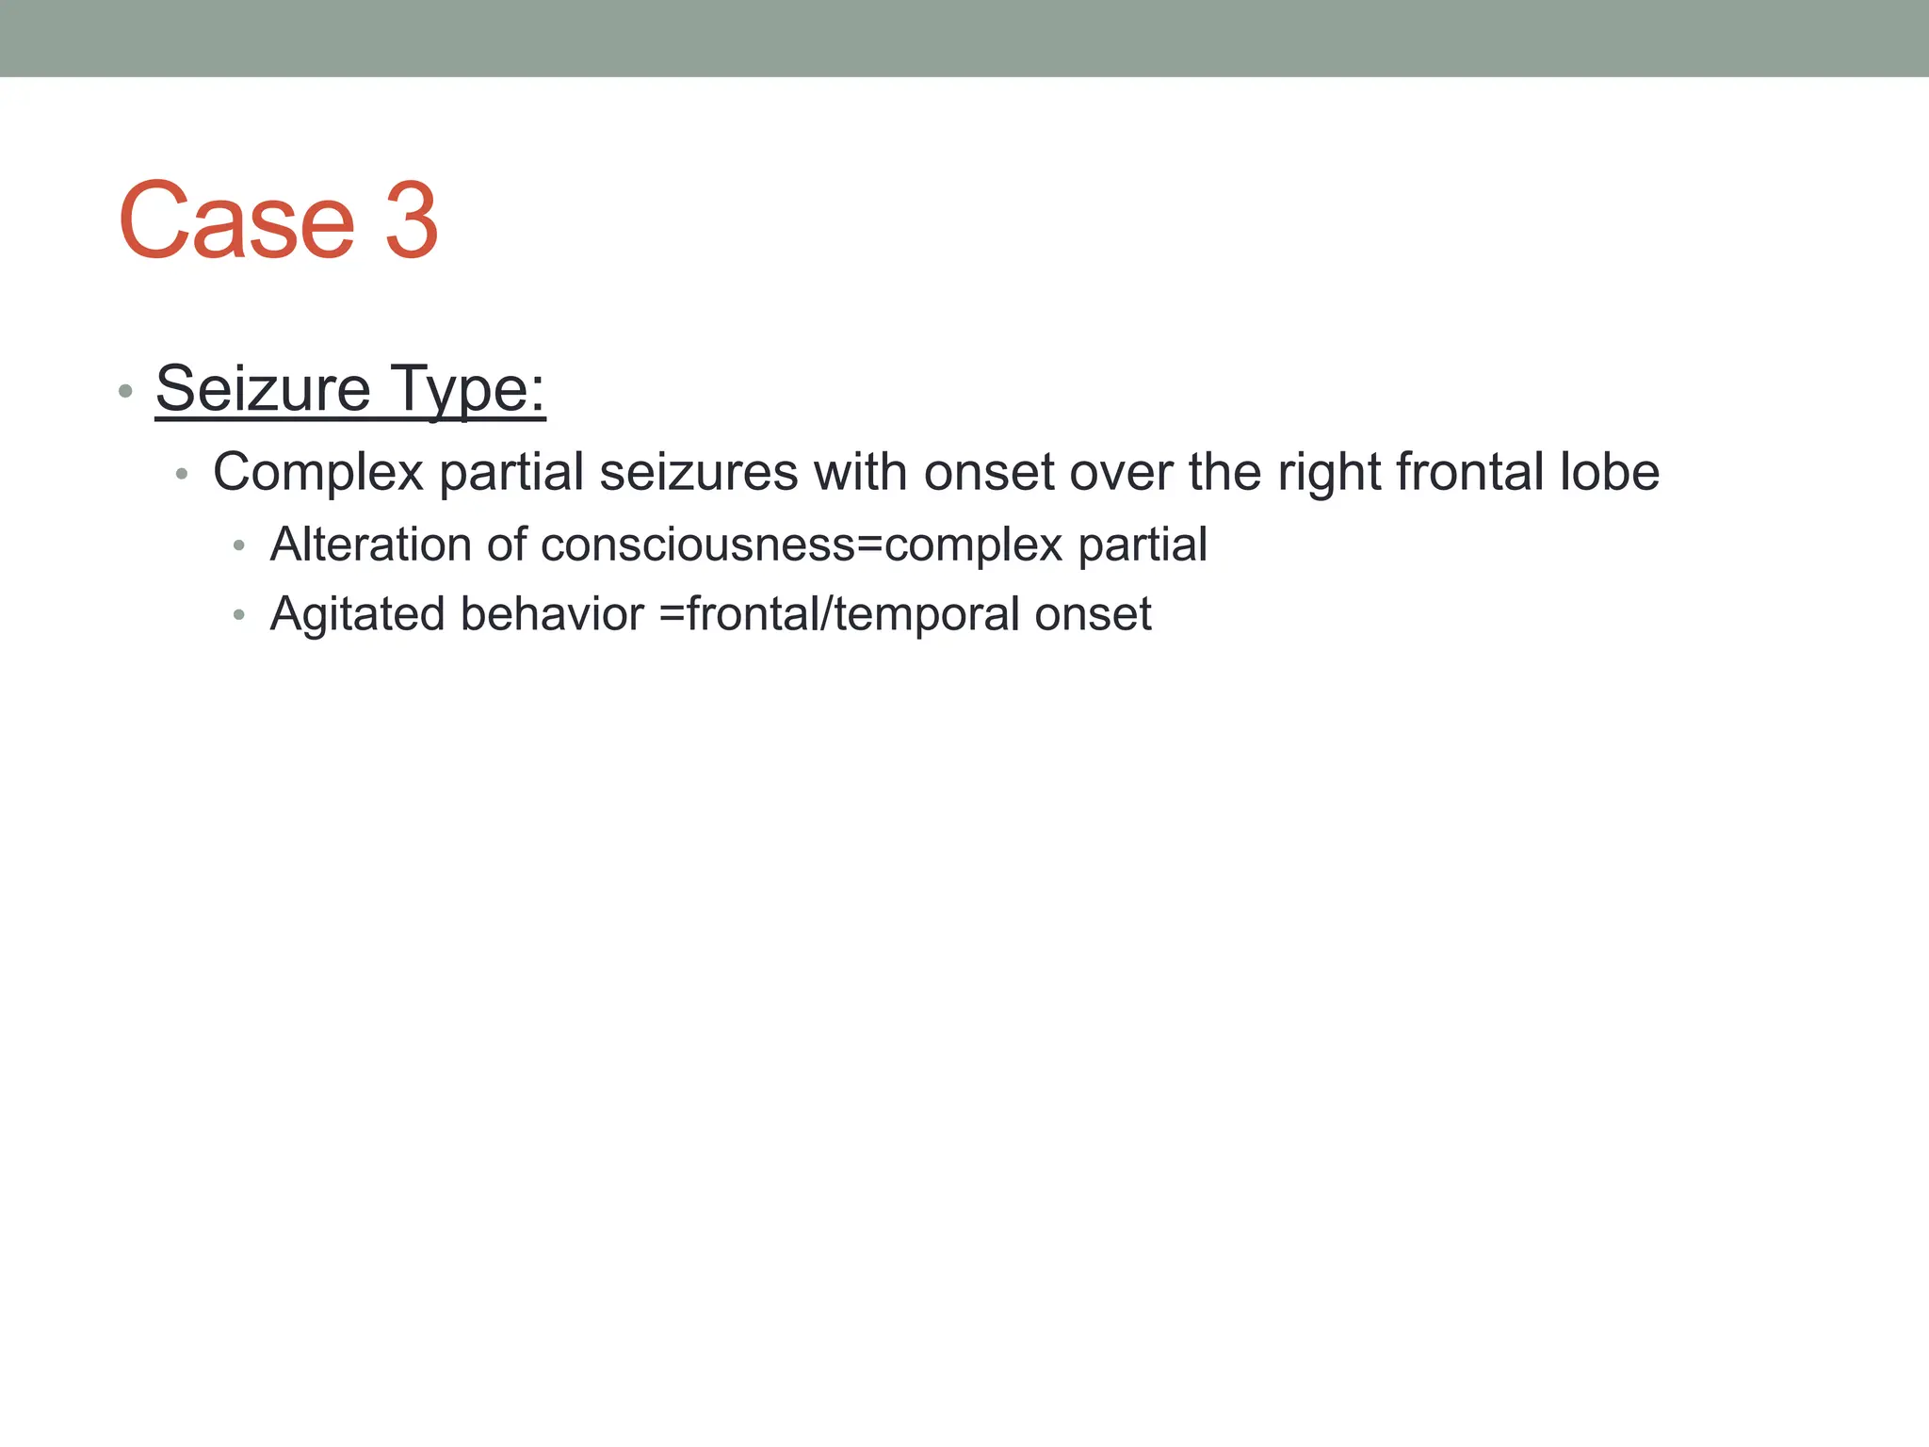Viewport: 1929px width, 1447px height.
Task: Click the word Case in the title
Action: (x=236, y=221)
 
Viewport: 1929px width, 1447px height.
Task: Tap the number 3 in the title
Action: (x=412, y=221)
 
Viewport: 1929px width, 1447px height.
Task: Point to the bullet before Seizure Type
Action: (x=125, y=391)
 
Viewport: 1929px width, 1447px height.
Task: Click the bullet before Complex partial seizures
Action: (x=183, y=474)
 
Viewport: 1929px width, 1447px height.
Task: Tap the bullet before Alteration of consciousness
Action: (x=239, y=545)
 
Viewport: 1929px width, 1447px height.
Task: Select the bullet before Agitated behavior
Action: (x=239, y=615)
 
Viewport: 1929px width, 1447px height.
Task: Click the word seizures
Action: (x=699, y=472)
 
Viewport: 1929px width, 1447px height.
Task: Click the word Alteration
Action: (x=371, y=545)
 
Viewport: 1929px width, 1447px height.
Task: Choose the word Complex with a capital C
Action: (x=318, y=472)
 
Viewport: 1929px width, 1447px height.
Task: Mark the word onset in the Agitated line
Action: (x=1093, y=614)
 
